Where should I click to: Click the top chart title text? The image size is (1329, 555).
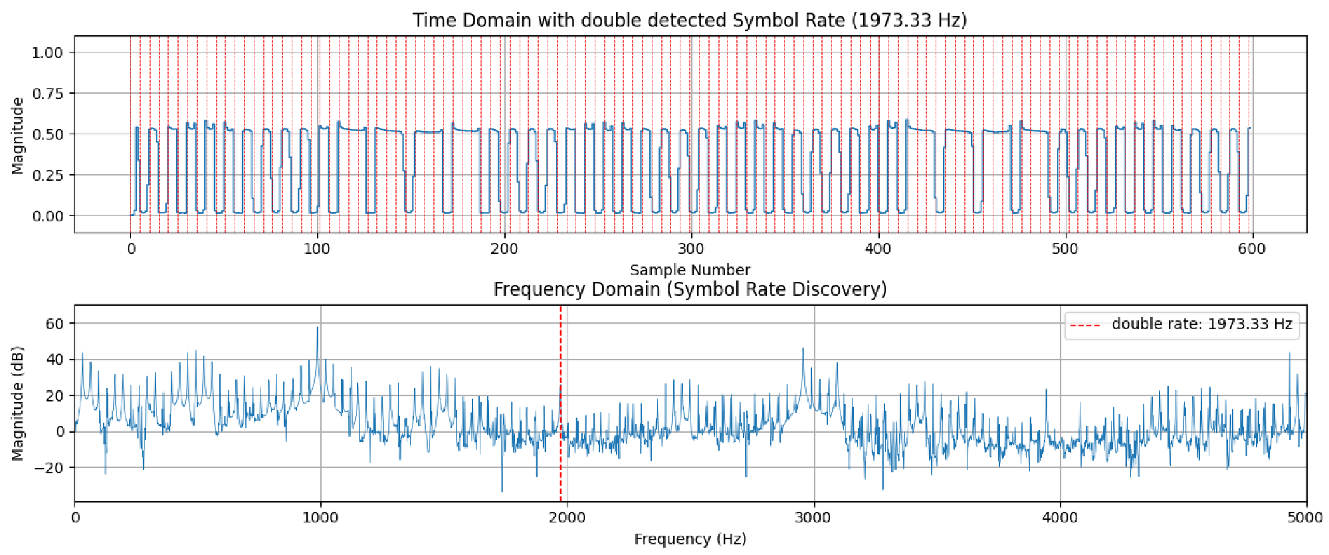(x=690, y=20)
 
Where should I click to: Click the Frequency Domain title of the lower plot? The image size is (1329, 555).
(x=690, y=289)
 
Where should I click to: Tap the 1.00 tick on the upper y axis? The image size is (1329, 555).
(x=47, y=53)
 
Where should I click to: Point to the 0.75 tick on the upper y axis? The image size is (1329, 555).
(x=47, y=94)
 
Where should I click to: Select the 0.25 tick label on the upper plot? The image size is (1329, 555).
(x=47, y=175)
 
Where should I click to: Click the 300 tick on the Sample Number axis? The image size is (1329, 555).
(x=691, y=249)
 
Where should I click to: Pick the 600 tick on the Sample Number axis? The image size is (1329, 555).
(x=1252, y=249)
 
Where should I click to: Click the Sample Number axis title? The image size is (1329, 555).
(x=690, y=270)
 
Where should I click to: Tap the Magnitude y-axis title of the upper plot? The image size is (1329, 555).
(x=18, y=136)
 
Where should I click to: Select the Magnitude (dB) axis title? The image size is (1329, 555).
(x=18, y=403)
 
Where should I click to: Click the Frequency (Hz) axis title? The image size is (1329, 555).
(x=690, y=539)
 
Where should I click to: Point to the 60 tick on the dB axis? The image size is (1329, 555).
(x=54, y=324)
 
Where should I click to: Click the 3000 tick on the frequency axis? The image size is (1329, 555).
(x=813, y=518)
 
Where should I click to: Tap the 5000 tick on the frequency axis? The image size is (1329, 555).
(x=1306, y=518)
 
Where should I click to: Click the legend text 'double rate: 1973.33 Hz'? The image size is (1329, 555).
(x=1201, y=324)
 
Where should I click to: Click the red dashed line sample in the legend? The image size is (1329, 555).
(x=1085, y=325)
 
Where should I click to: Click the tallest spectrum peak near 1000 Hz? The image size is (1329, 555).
(x=318, y=328)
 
